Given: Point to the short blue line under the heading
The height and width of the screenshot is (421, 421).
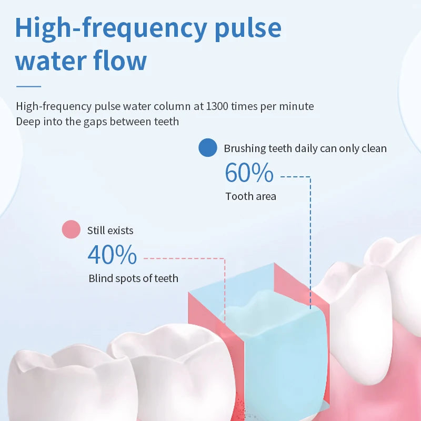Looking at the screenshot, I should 28,86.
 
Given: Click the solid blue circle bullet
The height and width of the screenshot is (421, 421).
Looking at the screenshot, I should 207,148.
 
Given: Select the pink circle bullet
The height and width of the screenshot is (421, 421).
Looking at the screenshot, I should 71,230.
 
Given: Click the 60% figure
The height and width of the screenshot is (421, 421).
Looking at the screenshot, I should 249,173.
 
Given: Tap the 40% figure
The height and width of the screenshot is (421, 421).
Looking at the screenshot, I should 112,255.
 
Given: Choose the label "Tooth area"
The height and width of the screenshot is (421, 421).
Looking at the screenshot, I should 250,196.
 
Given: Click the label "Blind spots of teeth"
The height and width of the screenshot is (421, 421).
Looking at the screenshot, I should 133,278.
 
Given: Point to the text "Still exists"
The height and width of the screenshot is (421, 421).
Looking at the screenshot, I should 110,230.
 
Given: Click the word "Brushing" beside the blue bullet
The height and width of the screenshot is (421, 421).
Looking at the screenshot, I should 245,148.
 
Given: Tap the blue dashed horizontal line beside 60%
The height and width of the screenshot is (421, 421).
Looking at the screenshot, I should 295,177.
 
